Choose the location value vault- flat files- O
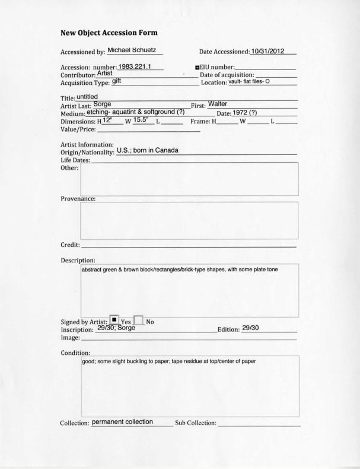[x=249, y=81]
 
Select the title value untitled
[x=87, y=96]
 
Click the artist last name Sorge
[x=94, y=104]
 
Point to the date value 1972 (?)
[x=245, y=113]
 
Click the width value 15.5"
[x=141, y=120]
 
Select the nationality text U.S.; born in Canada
[x=147, y=150]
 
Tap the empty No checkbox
[x=139, y=321]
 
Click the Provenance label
[x=78, y=198]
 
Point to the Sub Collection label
[x=196, y=423]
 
